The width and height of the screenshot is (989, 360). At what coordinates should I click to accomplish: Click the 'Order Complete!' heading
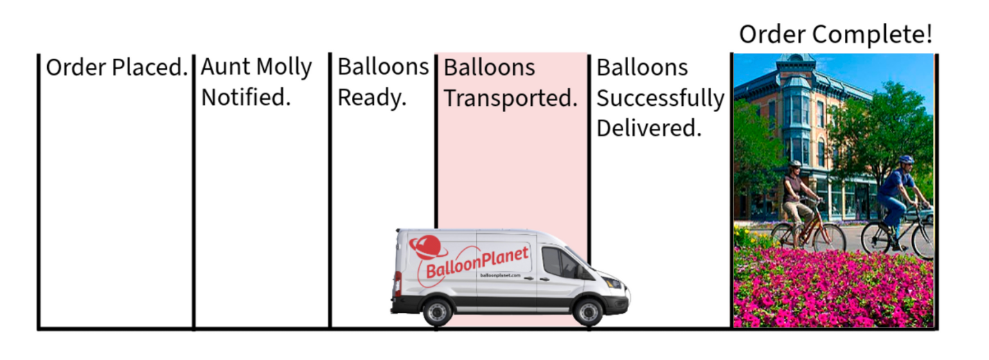click(836, 34)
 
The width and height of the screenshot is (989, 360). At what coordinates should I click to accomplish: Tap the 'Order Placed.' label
click(117, 68)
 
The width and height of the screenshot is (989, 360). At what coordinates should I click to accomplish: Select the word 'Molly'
click(284, 68)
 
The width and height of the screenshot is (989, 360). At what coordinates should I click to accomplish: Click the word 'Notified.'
click(246, 97)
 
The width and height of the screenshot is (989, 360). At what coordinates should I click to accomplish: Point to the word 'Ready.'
click(372, 98)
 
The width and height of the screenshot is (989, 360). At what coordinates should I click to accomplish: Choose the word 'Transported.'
click(511, 98)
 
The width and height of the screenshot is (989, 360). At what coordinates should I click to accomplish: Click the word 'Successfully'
click(661, 98)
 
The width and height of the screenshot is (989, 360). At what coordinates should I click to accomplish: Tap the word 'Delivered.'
click(649, 128)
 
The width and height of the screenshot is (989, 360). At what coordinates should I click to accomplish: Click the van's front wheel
click(588, 312)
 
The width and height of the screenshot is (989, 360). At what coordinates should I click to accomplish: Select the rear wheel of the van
click(438, 312)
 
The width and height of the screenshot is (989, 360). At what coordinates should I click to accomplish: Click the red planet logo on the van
click(426, 247)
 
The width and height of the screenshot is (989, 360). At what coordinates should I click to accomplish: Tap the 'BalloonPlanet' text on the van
click(477, 262)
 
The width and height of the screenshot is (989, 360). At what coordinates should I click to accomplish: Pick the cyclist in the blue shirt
click(898, 203)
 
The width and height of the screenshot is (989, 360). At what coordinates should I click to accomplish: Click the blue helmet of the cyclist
click(906, 159)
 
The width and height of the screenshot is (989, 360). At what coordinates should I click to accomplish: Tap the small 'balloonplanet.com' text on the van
click(500, 276)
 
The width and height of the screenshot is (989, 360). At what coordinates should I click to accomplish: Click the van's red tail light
click(398, 283)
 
